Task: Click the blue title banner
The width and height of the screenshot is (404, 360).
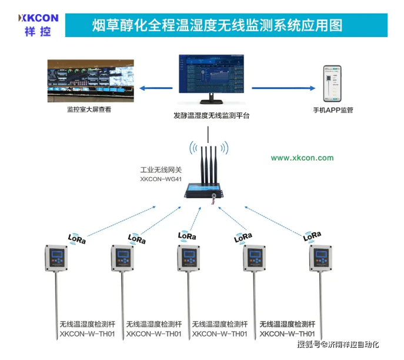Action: (225, 25)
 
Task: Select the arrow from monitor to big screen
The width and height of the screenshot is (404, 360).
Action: (157, 88)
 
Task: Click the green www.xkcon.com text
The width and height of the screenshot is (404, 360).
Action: (302, 158)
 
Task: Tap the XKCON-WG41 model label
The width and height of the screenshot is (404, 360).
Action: (161, 178)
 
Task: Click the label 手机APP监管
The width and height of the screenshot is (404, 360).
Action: (333, 110)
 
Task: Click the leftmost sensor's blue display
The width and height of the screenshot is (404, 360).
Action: (56, 255)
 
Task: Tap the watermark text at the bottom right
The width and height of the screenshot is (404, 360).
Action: (339, 344)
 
